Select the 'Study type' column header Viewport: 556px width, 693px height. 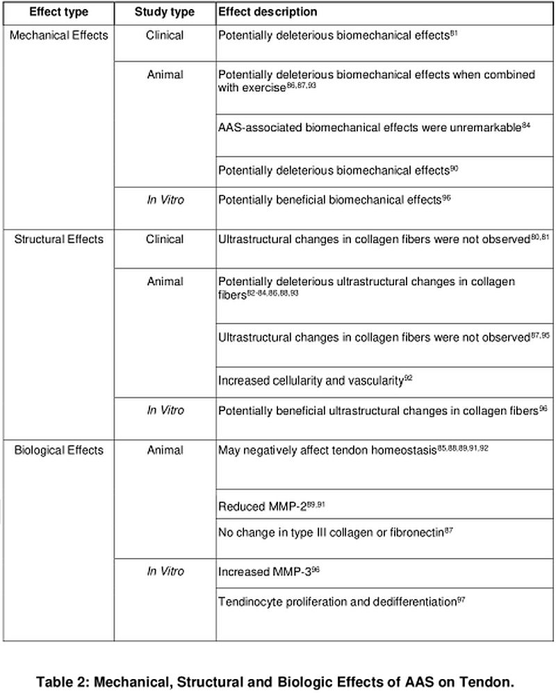tap(165, 12)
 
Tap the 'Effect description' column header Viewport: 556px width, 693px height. tap(268, 12)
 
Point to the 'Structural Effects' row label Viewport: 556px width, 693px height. tap(58, 239)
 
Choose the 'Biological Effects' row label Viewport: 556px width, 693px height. tap(58, 450)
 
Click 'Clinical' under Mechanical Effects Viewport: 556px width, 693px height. tap(165, 34)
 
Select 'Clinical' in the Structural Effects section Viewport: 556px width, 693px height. tap(165, 239)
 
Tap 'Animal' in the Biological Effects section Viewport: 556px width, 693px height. tap(165, 450)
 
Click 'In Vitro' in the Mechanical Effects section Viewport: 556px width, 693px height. tap(165, 199)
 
